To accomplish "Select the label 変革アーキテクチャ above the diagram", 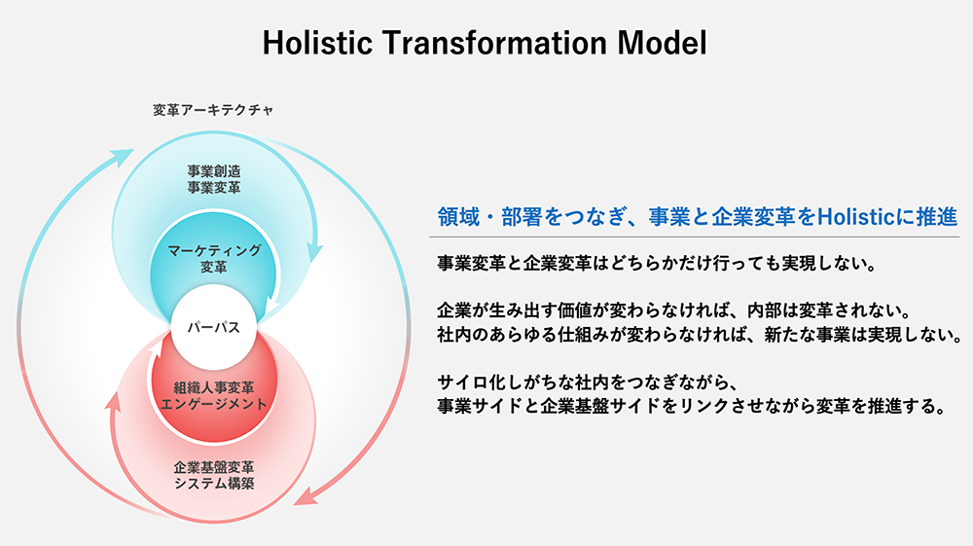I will point(213,110).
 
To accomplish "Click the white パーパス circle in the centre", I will point(213,328).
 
